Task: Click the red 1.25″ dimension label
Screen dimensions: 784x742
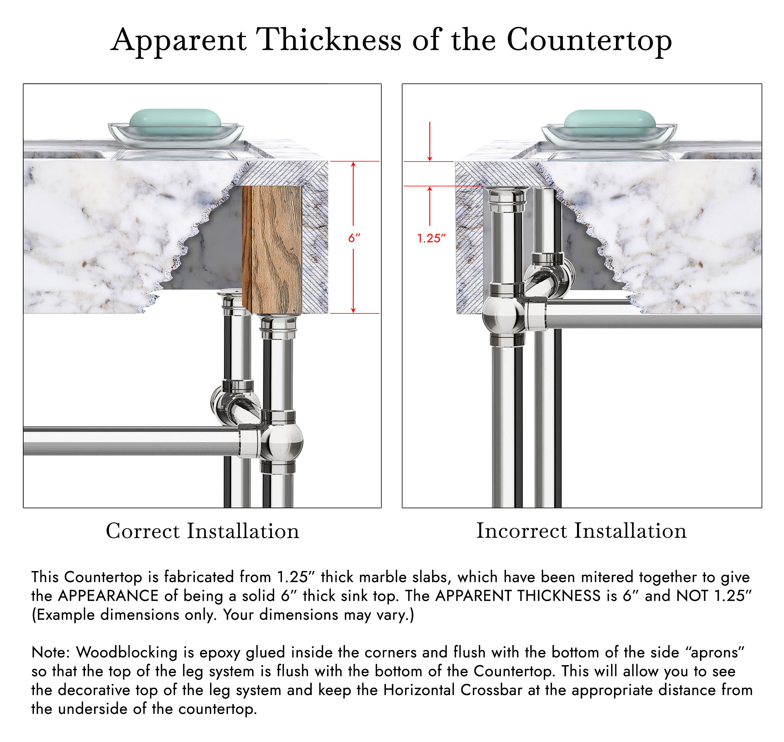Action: [x=431, y=238]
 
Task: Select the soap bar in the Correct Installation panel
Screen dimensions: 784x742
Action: [x=175, y=118]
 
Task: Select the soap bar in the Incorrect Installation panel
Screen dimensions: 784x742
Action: [x=610, y=119]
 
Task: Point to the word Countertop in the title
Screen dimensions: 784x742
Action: [x=589, y=41]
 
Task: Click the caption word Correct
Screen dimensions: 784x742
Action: [x=143, y=531]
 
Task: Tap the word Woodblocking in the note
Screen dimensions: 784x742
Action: [x=126, y=653]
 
